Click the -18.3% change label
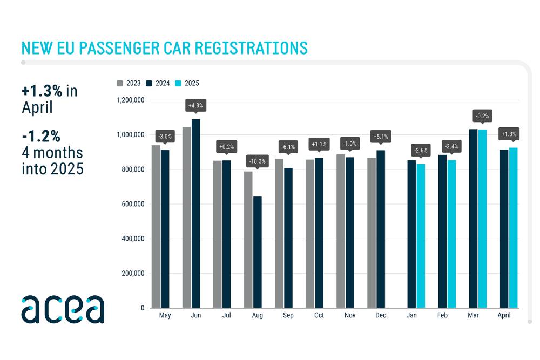point(257,161)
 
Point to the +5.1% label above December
point(381,137)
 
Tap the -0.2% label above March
point(482,116)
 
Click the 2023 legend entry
point(129,83)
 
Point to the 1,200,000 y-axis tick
point(130,100)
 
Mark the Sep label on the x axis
point(288,315)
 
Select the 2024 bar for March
point(474,218)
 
